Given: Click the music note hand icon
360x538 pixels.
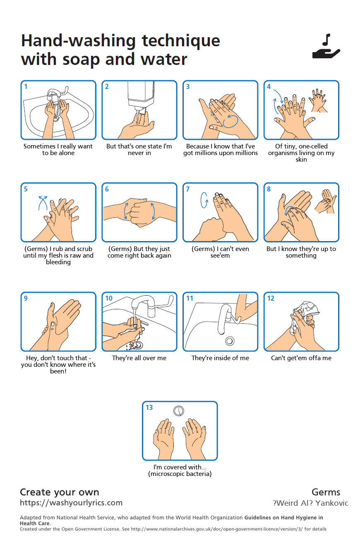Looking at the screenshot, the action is click(x=326, y=46).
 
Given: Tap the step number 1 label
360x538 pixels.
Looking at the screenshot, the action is click(x=26, y=86).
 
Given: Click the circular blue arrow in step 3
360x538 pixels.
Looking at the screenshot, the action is click(x=230, y=121).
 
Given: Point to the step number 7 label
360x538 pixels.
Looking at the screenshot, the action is click(x=188, y=189).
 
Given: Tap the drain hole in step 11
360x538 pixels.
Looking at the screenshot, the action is click(x=230, y=341).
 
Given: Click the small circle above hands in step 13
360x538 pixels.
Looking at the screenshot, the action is click(x=179, y=411).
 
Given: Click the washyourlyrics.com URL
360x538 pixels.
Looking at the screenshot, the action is click(x=71, y=503).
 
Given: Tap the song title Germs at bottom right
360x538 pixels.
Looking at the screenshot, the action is click(x=326, y=492).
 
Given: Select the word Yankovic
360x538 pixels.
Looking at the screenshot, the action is click(x=331, y=503).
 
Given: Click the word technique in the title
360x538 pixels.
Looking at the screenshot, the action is click(x=181, y=41).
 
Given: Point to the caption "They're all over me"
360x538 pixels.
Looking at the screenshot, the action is click(x=139, y=358).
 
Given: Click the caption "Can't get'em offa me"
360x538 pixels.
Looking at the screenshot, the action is click(x=301, y=358).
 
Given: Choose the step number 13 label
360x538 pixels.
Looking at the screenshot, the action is click(x=149, y=407).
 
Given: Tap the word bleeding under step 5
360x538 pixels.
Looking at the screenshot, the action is click(x=58, y=262).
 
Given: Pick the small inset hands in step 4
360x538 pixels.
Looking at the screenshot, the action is click(x=318, y=100).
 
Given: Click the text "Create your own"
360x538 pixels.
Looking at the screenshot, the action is click(x=59, y=492).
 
